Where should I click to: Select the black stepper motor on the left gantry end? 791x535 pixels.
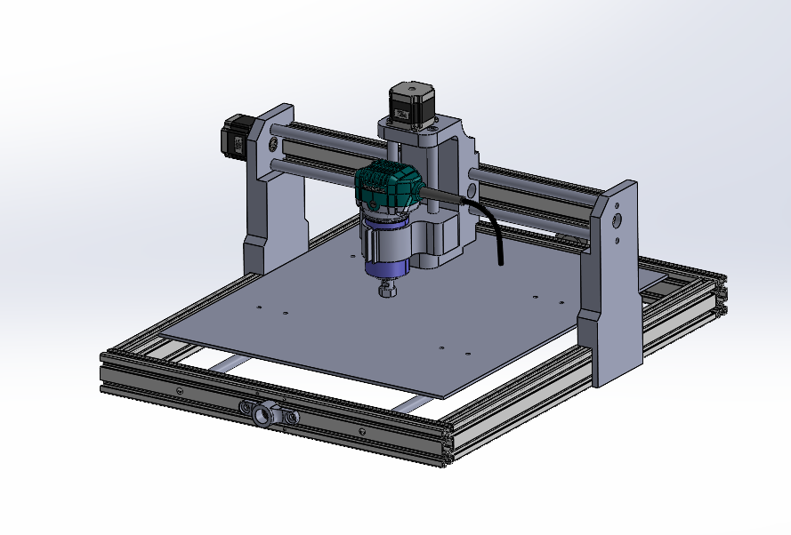[233, 138]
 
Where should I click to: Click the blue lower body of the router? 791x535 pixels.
[384, 251]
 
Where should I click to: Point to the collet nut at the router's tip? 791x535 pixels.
[387, 290]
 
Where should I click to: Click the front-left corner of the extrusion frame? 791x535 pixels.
[105, 373]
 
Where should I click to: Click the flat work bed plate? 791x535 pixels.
[400, 338]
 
